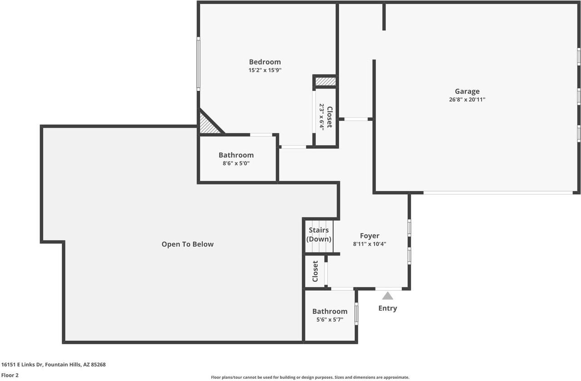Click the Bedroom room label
(x=265, y=62)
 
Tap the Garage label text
(x=467, y=91)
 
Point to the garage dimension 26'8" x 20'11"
(x=467, y=100)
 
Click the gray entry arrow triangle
(x=387, y=296)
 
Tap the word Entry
(x=388, y=308)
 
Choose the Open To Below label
(x=187, y=244)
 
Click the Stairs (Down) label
(x=319, y=235)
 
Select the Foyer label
(x=369, y=236)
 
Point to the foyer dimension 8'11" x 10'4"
(x=369, y=244)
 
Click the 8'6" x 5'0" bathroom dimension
(x=236, y=163)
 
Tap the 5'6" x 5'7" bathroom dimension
(x=330, y=320)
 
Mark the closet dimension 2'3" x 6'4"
(x=322, y=117)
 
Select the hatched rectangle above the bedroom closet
(x=325, y=81)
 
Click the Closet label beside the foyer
(x=315, y=271)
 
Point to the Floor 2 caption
(x=10, y=375)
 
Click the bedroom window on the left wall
(x=198, y=64)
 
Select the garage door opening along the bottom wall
(x=498, y=193)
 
